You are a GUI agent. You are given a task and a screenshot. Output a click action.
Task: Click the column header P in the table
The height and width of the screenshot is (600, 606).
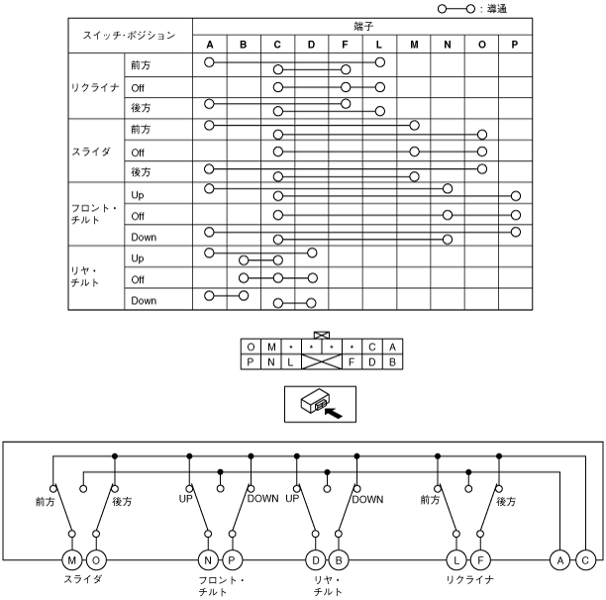point(515,45)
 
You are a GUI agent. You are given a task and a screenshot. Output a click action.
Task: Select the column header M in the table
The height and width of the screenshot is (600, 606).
point(413,45)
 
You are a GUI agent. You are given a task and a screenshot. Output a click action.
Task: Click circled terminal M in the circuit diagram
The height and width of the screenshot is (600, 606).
point(72,559)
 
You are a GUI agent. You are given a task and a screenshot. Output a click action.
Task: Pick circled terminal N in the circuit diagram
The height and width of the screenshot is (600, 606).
point(207,559)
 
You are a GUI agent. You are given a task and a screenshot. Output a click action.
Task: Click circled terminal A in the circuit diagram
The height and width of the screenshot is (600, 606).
point(561,559)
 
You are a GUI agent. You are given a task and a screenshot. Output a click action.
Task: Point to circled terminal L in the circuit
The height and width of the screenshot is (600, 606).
point(456,559)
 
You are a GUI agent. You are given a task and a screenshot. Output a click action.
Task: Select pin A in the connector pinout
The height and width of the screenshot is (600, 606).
point(393,347)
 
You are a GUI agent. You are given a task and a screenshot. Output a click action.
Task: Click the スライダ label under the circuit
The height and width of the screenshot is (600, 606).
point(84,579)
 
